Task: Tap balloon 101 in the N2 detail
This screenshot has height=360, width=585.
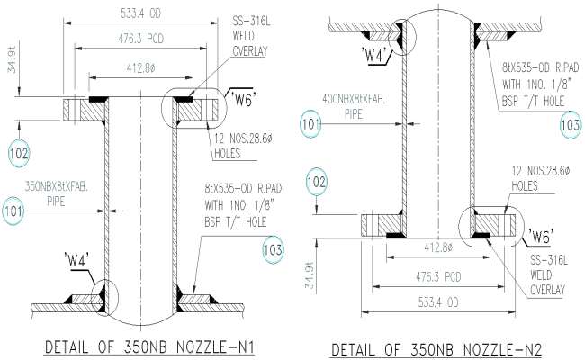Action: click(311, 123)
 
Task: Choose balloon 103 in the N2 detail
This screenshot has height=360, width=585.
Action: click(570, 124)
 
